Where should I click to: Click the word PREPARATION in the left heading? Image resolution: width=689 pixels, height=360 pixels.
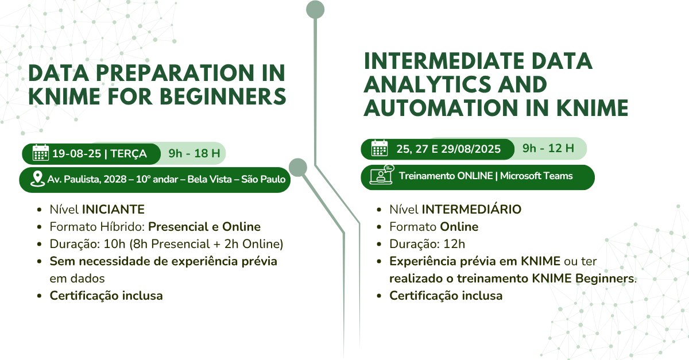[x=175, y=73]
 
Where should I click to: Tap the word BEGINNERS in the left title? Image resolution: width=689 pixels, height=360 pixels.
[x=223, y=96]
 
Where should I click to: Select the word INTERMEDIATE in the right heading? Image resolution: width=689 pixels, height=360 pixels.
[x=444, y=61]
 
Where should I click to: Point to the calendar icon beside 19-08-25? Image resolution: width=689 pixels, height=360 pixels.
[x=41, y=153]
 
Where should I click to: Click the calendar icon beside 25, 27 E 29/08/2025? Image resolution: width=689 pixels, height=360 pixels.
[x=380, y=148]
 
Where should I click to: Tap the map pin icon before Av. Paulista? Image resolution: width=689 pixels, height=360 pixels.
[x=37, y=179]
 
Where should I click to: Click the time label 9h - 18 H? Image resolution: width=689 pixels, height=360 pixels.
[x=194, y=153]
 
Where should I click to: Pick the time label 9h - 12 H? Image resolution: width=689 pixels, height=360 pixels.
[x=548, y=148]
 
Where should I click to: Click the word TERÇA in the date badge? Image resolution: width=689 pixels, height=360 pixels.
[x=129, y=153]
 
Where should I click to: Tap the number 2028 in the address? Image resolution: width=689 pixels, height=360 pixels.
[x=115, y=179]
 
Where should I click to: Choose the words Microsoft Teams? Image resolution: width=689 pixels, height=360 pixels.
[x=536, y=176]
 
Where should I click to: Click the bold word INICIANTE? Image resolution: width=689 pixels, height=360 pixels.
[x=113, y=210]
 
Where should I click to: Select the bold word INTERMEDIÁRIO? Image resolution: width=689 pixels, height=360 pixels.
[x=471, y=209]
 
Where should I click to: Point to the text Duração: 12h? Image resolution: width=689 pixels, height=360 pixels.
[x=427, y=244]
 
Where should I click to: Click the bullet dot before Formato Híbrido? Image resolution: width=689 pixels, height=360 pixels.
[x=39, y=227]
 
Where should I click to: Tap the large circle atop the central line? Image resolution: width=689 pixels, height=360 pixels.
[x=315, y=10]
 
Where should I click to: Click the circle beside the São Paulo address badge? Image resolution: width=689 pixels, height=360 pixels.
[x=298, y=168]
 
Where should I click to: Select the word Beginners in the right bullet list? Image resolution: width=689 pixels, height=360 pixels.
[x=605, y=279]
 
